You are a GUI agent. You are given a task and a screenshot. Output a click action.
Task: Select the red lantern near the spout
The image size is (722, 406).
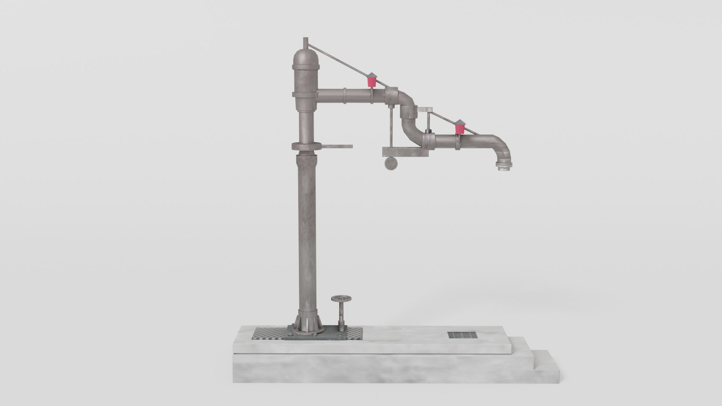point(459,127)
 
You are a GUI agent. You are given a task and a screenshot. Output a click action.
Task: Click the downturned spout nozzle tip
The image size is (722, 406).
point(502,168)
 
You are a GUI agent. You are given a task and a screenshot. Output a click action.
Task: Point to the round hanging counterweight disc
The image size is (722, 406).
point(391,164)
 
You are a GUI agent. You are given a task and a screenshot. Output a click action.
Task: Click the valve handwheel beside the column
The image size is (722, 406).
point(78,299)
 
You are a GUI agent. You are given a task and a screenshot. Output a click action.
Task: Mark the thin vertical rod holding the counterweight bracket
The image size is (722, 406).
point(391,128)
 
